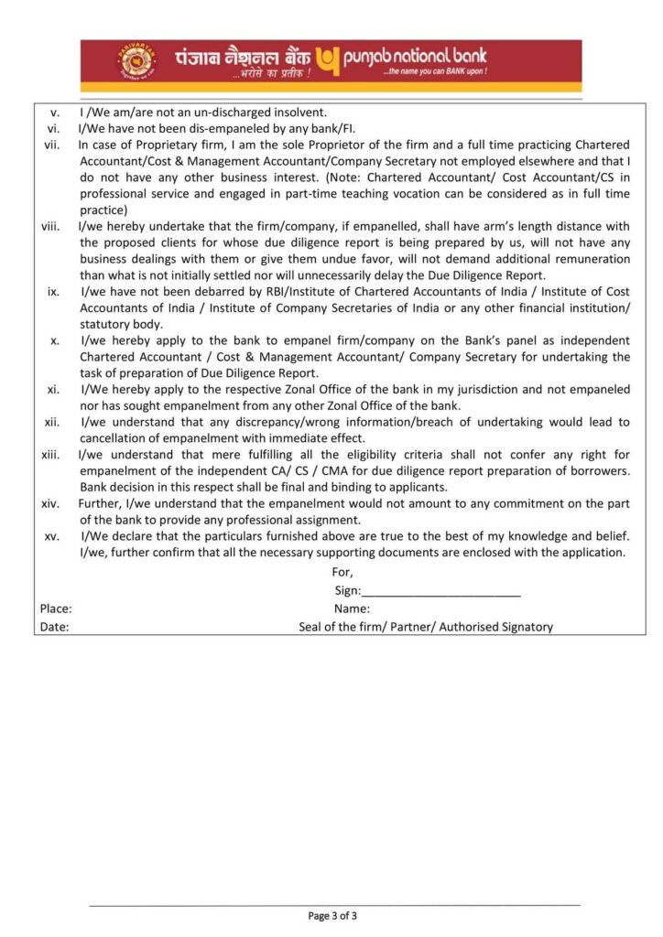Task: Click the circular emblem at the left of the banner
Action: click(136, 62)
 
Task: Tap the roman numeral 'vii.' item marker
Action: click(52, 145)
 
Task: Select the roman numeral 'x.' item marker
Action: click(55, 340)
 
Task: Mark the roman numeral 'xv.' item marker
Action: click(52, 536)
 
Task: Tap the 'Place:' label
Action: click(56, 609)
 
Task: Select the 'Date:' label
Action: click(54, 627)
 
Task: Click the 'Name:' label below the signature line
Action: click(352, 609)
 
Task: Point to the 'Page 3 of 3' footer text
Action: click(332, 915)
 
